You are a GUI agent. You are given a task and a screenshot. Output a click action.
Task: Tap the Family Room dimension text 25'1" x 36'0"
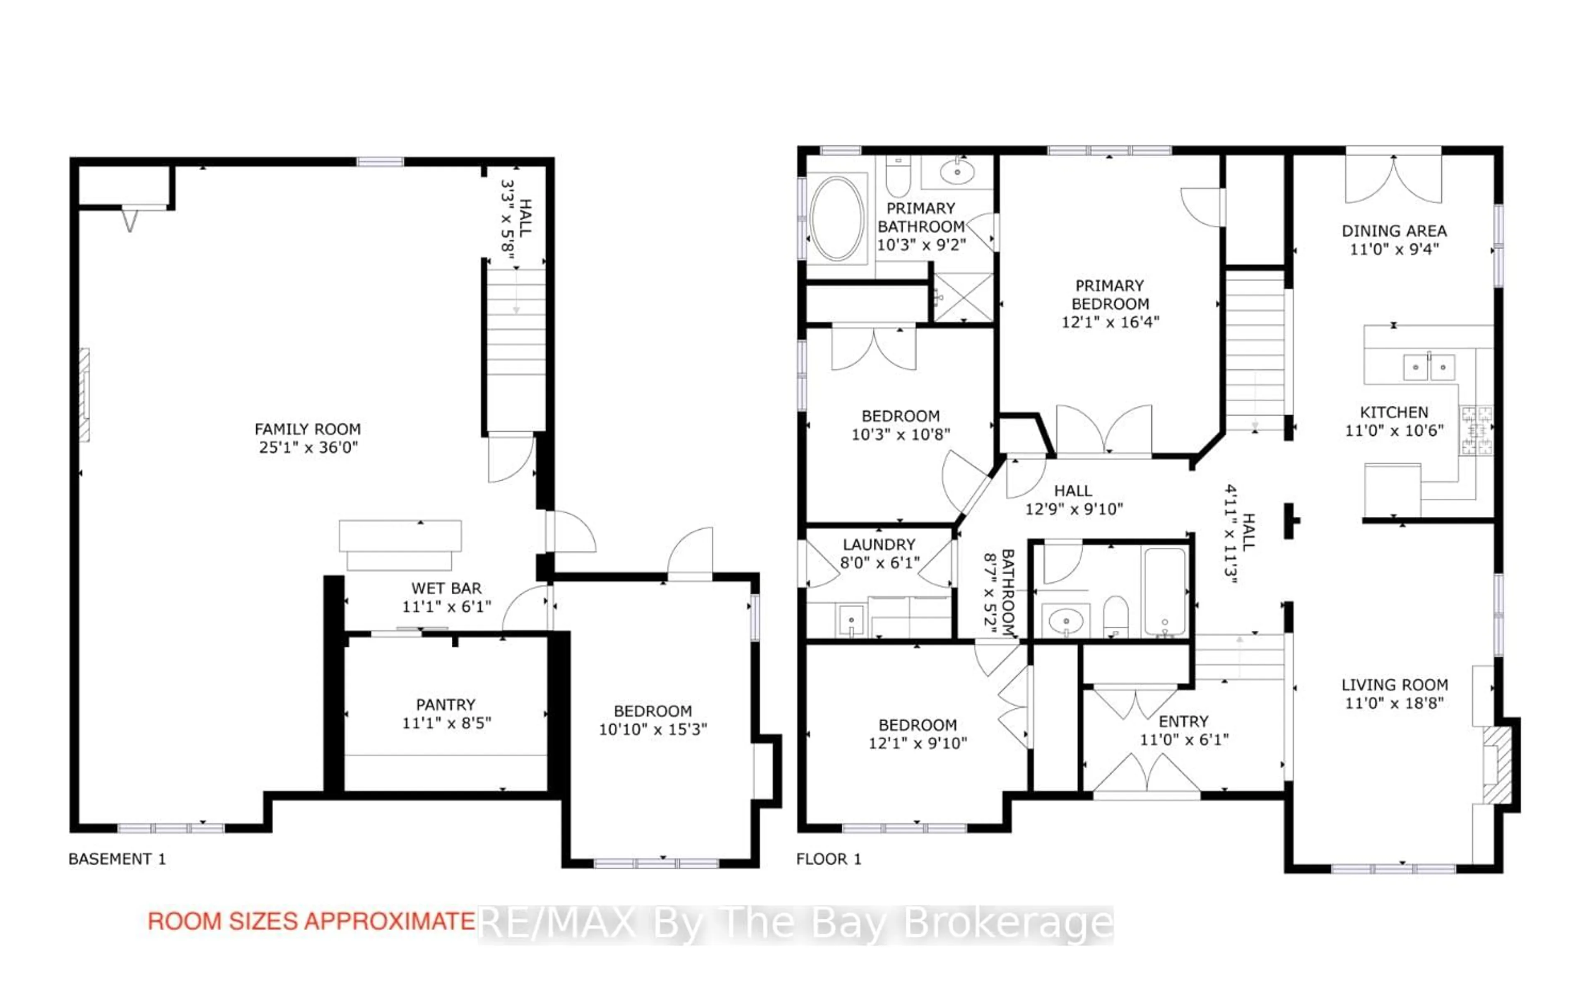(x=308, y=448)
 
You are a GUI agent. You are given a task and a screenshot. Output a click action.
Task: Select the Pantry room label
(x=446, y=705)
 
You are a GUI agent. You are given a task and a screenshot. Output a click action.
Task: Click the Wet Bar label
(x=446, y=588)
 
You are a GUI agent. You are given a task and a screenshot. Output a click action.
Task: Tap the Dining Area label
(x=1394, y=231)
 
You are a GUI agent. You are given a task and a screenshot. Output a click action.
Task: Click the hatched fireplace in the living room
(x=1497, y=765)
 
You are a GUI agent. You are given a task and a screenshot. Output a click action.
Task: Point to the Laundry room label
(x=879, y=545)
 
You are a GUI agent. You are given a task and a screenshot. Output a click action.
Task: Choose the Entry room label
(x=1183, y=721)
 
